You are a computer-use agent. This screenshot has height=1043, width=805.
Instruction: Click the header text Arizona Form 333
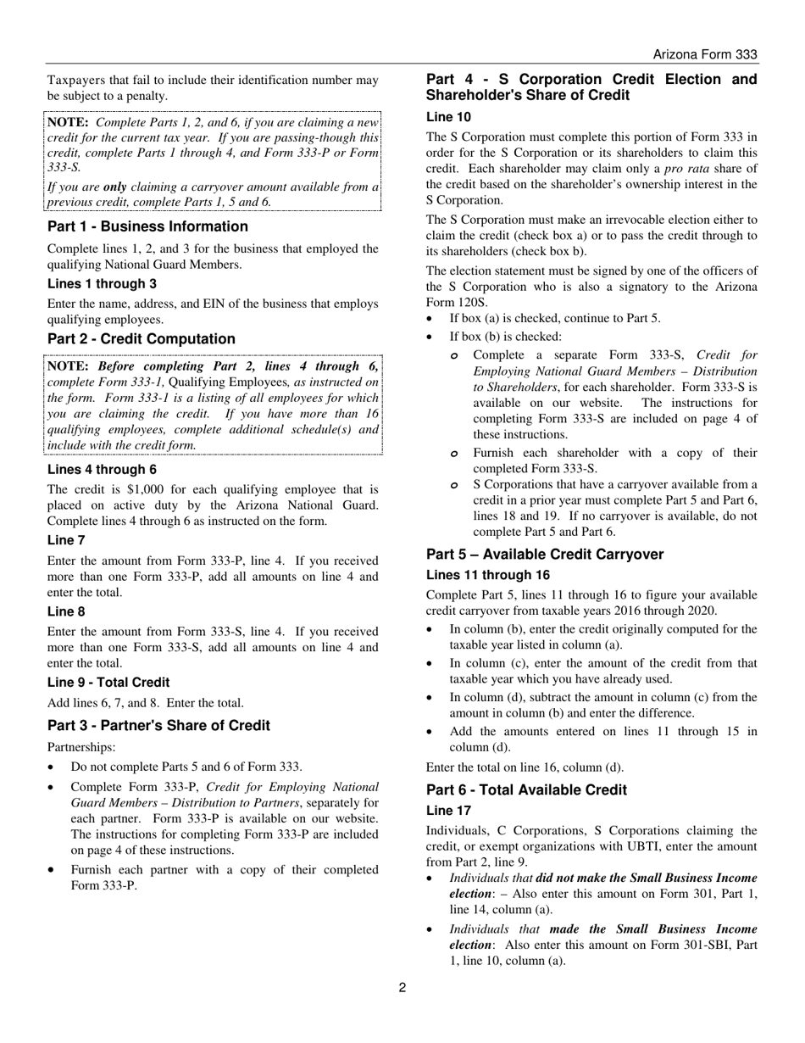pos(704,54)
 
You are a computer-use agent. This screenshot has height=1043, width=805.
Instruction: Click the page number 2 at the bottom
pos(402,987)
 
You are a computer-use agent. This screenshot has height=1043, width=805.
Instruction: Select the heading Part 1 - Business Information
pos(147,226)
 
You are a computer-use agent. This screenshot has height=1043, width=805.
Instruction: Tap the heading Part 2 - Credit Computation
pos(142,339)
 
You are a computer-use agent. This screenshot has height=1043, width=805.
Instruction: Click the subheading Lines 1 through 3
pos(102,284)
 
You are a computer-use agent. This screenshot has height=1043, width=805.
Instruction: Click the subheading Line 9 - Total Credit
pos(108,683)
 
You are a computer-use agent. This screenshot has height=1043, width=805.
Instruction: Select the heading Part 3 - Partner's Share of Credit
pos(158,726)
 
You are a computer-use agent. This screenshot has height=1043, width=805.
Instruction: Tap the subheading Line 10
pos(448,117)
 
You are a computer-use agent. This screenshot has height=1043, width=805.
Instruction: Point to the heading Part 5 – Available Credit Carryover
pos(545,555)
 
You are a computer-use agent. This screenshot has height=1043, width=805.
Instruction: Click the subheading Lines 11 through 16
pos(487,575)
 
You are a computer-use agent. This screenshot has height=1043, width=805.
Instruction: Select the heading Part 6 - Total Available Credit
pos(526,790)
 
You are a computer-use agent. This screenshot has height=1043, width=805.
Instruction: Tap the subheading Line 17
pos(448,811)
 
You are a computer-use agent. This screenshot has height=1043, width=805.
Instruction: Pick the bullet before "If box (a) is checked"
pos(432,319)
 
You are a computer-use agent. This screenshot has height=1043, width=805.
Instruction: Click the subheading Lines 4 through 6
pos(102,470)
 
